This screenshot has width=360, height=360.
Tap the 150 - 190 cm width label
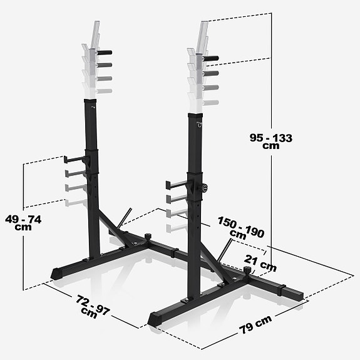(x=241, y=228)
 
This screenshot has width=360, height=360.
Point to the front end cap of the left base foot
(x=56, y=274)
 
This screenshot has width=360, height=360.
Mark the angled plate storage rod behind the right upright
(x=224, y=251)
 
